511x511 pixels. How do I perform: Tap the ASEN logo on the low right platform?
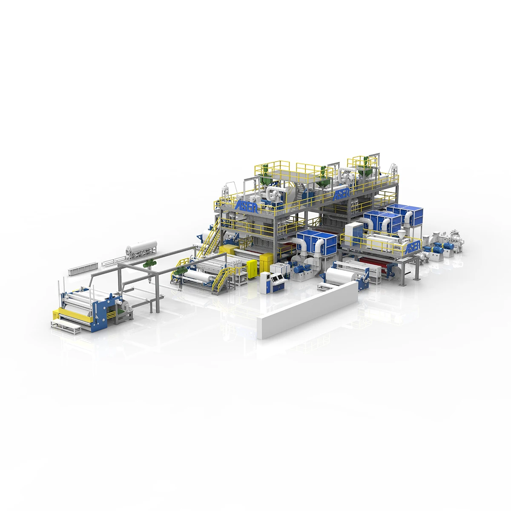click(413, 246)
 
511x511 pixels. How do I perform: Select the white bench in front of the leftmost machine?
click(66, 327)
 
